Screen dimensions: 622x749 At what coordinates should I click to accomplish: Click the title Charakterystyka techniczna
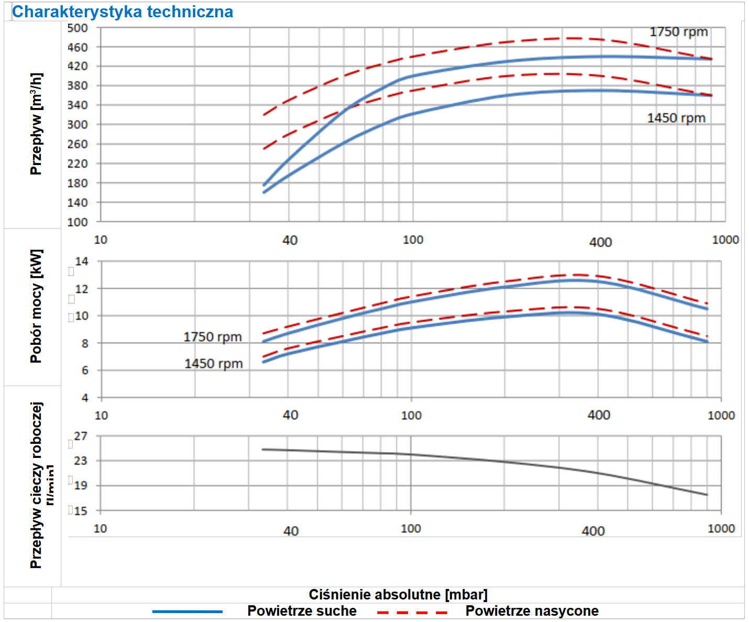click(123, 12)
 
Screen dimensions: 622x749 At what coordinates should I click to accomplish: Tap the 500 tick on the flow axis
click(78, 28)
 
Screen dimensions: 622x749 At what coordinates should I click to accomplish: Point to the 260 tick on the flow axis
click(78, 144)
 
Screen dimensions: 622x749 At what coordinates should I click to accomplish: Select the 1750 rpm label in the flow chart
click(679, 32)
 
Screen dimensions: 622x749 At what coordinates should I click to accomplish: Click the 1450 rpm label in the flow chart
click(676, 118)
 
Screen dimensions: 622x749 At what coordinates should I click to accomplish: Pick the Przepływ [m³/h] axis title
click(36, 124)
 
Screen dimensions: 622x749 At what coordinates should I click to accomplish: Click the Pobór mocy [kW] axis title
click(36, 307)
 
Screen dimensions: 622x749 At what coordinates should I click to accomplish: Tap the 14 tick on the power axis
click(82, 261)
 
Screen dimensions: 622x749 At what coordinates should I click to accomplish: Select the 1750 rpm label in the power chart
click(213, 337)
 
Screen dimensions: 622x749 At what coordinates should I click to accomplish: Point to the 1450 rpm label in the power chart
click(214, 364)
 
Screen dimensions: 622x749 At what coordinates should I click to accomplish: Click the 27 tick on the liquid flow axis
click(81, 437)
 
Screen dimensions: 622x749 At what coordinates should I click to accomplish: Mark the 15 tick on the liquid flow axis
click(81, 511)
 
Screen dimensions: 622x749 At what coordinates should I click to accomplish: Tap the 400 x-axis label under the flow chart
click(600, 243)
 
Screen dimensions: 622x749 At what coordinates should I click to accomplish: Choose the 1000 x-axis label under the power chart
click(721, 416)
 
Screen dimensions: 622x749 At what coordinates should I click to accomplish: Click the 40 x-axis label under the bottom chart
click(291, 531)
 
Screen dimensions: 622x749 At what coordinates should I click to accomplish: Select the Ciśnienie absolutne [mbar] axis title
click(398, 595)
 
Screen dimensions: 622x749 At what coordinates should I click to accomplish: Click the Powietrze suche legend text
click(302, 611)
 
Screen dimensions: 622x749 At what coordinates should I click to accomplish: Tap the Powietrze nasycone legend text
click(532, 611)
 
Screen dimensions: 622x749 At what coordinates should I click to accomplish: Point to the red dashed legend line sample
click(412, 612)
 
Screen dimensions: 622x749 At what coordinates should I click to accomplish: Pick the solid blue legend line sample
click(188, 612)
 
